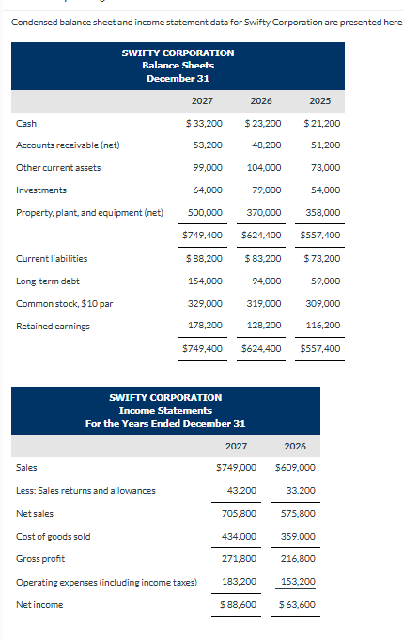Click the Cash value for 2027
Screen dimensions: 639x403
click(x=205, y=123)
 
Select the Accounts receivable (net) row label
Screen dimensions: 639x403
click(x=68, y=145)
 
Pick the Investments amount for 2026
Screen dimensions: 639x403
click(x=266, y=190)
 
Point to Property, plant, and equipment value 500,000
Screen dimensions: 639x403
click(x=206, y=212)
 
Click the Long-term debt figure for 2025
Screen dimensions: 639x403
click(x=325, y=281)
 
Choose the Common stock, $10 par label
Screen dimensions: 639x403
click(x=59, y=303)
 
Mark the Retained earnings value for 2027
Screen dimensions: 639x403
click(x=206, y=326)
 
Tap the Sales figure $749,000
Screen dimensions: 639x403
click(x=236, y=467)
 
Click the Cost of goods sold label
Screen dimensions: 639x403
click(x=54, y=536)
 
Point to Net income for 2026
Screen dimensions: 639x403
click(x=296, y=605)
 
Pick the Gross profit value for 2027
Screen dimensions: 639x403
click(x=239, y=559)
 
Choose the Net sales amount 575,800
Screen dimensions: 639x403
click(x=298, y=513)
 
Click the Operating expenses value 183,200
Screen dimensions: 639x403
click(x=239, y=582)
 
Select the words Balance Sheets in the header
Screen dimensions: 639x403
click(x=178, y=65)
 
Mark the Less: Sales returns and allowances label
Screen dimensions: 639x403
click(x=85, y=490)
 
